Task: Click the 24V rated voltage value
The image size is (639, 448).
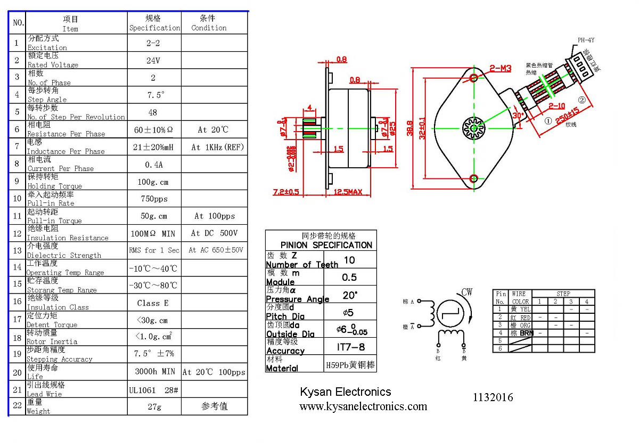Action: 153,61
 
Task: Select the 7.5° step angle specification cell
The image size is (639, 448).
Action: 154,95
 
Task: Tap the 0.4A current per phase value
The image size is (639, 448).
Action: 153,164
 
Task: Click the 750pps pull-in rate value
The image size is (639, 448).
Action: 154,199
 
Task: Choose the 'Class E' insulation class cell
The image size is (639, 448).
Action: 153,303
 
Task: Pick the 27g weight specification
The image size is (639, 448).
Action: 154,406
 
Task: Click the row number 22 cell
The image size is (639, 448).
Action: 17,406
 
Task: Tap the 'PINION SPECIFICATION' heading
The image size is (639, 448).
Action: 326,245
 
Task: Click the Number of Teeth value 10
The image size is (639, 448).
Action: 349,260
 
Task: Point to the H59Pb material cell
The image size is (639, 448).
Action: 349,366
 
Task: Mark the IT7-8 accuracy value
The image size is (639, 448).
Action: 349,347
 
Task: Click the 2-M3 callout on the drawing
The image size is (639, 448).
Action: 500,68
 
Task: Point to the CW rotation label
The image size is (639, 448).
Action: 467,292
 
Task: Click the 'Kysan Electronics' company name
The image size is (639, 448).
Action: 345,392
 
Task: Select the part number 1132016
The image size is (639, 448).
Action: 493,397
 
